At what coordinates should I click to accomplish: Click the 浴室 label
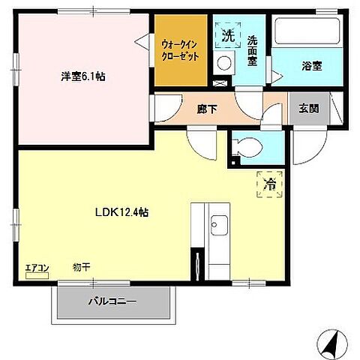[311, 65]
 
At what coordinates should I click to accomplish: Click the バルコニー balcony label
[112, 302]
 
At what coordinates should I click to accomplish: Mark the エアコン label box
[37, 266]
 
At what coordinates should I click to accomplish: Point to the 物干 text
[82, 267]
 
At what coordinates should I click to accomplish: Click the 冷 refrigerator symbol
[267, 183]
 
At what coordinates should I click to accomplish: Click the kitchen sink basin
[220, 225]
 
